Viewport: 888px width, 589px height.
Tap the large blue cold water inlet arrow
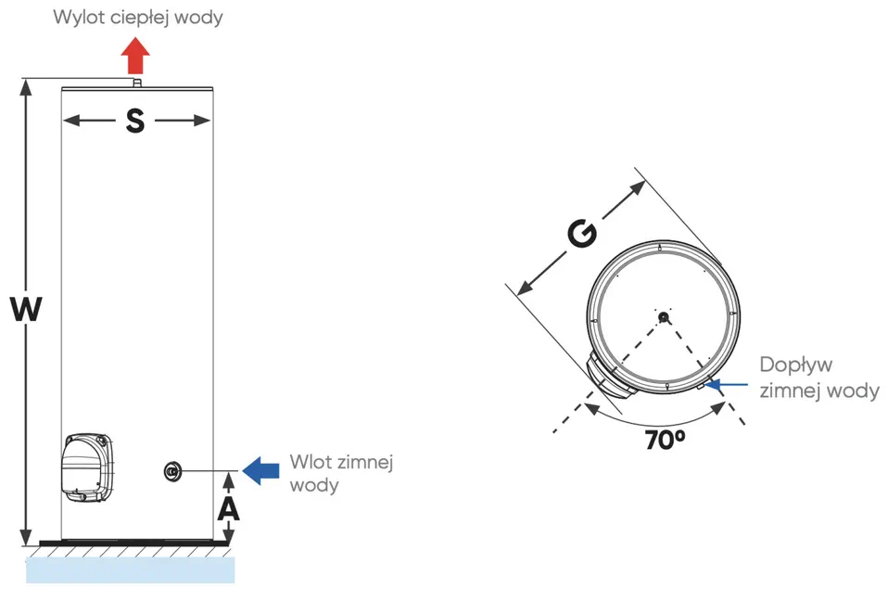(261, 470)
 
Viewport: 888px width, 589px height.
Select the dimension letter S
(136, 121)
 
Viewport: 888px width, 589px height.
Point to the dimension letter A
(227, 508)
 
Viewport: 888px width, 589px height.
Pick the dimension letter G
(581, 236)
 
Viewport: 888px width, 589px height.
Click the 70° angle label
(665, 440)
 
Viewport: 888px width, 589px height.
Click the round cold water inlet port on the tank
(171, 471)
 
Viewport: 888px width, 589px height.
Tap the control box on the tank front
(89, 467)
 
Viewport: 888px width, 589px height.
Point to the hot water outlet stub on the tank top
(136, 83)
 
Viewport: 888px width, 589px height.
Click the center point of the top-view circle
(663, 317)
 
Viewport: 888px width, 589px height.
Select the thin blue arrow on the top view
(729, 384)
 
